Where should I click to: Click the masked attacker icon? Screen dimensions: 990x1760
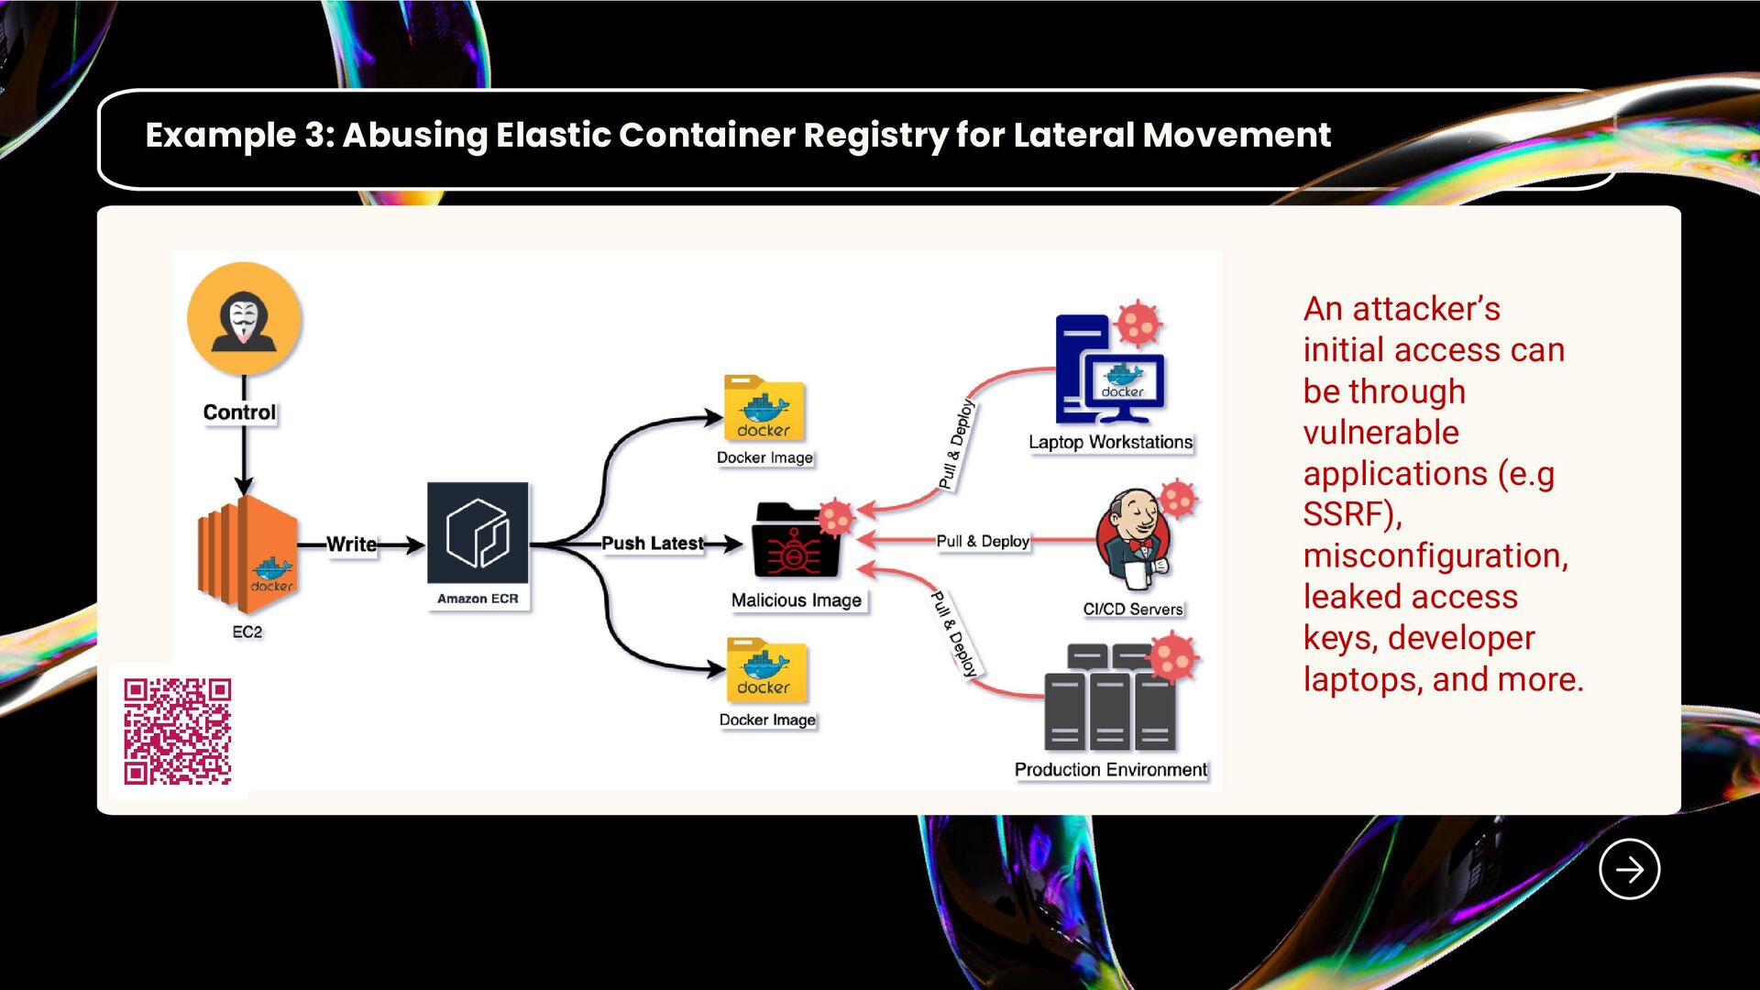(244, 319)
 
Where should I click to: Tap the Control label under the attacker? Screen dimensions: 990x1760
(239, 412)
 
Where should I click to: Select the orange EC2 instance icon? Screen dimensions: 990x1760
(247, 554)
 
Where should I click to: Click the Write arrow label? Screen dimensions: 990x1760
(351, 544)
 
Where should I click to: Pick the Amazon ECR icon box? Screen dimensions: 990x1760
(478, 533)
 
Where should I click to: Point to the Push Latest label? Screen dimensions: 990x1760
(652, 544)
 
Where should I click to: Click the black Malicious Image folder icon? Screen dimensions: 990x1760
(794, 542)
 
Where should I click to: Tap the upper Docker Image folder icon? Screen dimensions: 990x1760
(764, 409)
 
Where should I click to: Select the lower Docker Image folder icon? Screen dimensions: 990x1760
(766, 670)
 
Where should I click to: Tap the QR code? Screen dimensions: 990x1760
(178, 731)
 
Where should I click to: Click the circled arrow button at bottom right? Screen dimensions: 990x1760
(1629, 869)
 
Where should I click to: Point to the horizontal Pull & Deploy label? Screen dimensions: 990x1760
(983, 542)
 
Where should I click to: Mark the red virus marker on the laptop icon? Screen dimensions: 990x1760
(1138, 323)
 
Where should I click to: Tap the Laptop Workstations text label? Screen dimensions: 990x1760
(1110, 442)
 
